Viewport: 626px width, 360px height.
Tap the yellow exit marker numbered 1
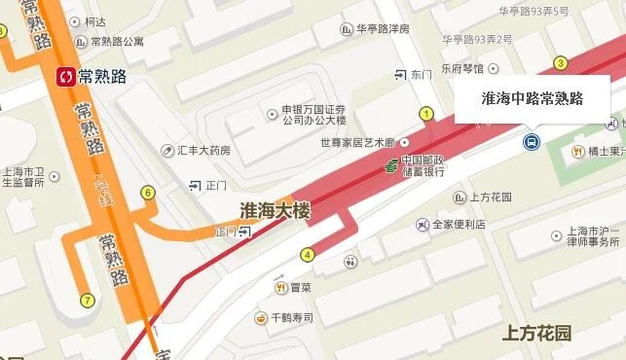pyautogui.click(x=425, y=114)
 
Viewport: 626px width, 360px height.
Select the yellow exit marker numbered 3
pyautogui.click(x=561, y=63)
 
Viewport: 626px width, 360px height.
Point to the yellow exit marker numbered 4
pyautogui.click(x=308, y=255)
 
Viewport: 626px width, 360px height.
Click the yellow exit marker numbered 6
pyautogui.click(x=148, y=193)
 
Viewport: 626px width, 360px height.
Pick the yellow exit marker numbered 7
pyautogui.click(x=87, y=300)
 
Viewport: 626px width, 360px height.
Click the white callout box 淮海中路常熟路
pyautogui.click(x=532, y=98)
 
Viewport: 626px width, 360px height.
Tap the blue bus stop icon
pyautogui.click(x=532, y=143)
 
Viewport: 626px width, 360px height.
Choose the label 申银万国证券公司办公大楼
pyautogui.click(x=313, y=115)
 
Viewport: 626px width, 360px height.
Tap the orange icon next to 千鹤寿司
pyautogui.click(x=261, y=318)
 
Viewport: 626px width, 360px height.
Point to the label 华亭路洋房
pyautogui.click(x=383, y=29)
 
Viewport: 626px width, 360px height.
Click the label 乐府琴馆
pyautogui.click(x=461, y=69)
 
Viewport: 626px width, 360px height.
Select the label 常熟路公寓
pyautogui.click(x=117, y=42)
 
